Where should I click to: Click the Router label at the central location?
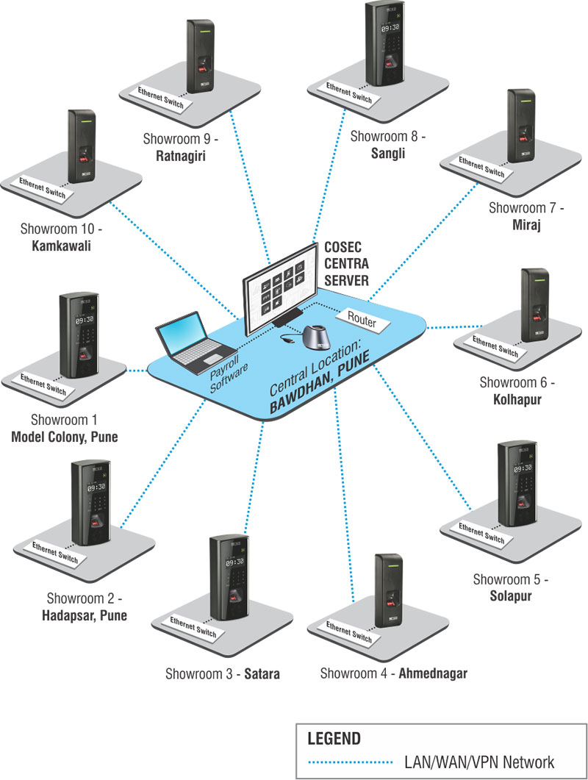click(x=362, y=320)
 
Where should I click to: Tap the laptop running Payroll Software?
click(x=195, y=343)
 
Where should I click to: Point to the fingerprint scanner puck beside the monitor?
click(x=316, y=337)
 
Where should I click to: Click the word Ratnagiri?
click(x=181, y=156)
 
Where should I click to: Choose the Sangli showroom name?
click(x=388, y=153)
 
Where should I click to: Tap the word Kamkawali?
click(x=61, y=246)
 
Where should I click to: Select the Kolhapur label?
click(x=517, y=399)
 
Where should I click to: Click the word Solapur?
click(x=511, y=595)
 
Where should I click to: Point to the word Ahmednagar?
click(x=433, y=673)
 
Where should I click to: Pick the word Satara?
click(x=262, y=674)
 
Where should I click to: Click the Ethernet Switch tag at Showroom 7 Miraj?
click(x=481, y=167)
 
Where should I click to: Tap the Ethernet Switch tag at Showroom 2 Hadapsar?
click(x=55, y=553)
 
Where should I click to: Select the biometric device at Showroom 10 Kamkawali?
click(x=82, y=146)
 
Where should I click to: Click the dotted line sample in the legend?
click(x=350, y=762)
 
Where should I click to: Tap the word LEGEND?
click(x=334, y=739)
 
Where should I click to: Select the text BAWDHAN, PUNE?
click(x=320, y=382)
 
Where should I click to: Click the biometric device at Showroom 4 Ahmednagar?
click(x=389, y=590)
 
